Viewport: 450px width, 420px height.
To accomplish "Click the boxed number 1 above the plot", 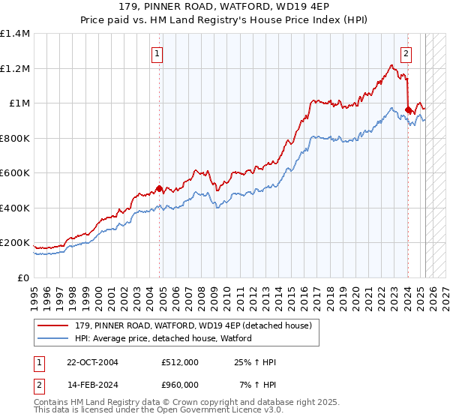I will coord(157,53).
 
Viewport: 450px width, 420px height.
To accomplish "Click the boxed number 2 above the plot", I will coord(406,53).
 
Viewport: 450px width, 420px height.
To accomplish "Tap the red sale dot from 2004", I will coord(159,188).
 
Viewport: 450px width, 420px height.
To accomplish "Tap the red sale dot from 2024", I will coord(408,110).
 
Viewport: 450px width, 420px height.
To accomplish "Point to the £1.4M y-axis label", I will coord(15,34).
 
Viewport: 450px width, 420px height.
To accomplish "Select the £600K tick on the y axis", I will coord(15,173).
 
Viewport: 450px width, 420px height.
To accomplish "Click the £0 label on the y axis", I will coord(22,277).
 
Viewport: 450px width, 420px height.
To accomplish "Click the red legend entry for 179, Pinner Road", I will coord(193,325).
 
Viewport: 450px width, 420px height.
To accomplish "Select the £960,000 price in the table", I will coord(180,385).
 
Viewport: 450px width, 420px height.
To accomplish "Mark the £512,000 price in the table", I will coord(180,362).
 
